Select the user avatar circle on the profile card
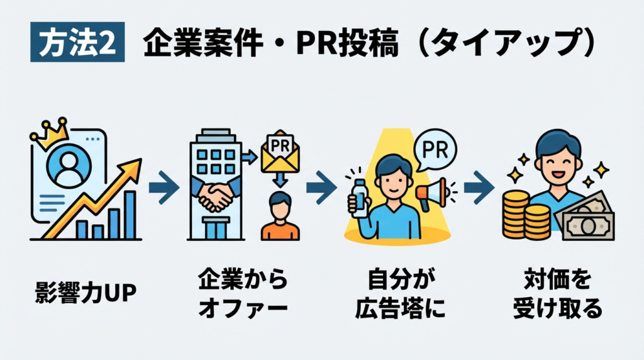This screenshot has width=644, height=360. coord(69,166)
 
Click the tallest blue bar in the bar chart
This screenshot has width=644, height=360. coord(130,215)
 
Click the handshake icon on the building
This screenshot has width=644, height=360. coord(214,195)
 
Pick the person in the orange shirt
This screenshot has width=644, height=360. coord(280,217)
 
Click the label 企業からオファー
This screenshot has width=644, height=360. coord(242,293)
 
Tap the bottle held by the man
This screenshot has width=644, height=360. coord(359,197)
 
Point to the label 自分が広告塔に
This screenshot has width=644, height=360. coord(399,293)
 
